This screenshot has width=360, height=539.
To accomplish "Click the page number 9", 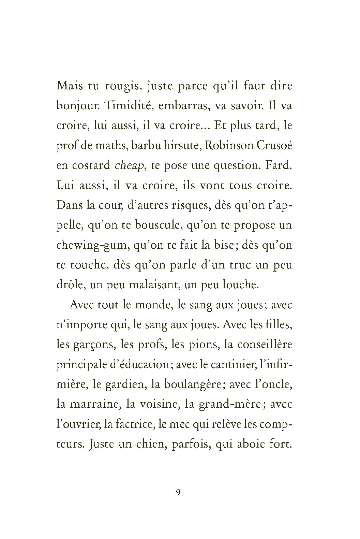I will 178,502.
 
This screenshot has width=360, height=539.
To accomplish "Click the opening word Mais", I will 70,86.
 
